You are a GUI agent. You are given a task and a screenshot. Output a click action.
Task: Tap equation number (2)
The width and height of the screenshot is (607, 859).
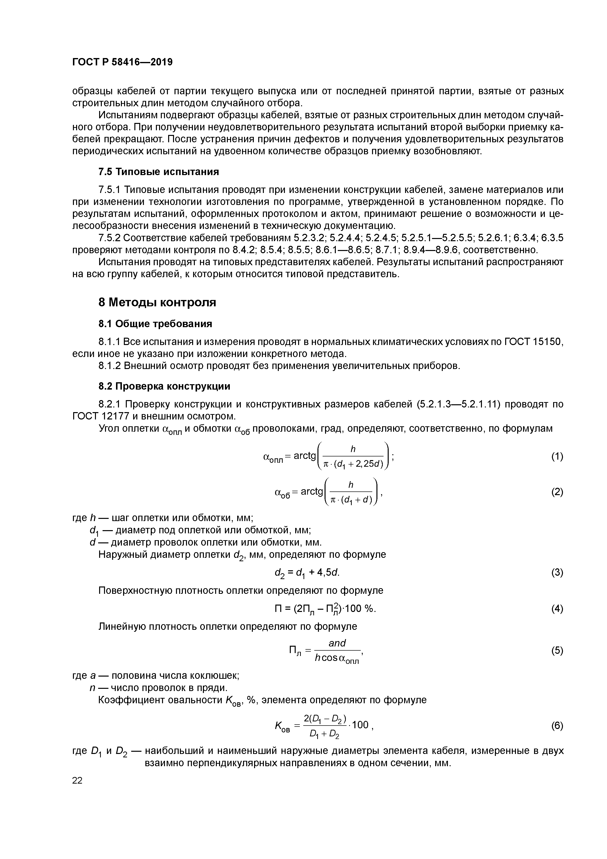pos(557,492)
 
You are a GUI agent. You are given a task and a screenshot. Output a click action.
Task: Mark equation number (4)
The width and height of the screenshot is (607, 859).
pos(557,609)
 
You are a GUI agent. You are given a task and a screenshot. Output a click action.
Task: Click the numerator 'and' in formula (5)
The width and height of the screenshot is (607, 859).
pos(337,643)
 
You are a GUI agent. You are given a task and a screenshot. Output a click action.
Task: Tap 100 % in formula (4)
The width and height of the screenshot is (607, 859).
pos(359,609)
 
